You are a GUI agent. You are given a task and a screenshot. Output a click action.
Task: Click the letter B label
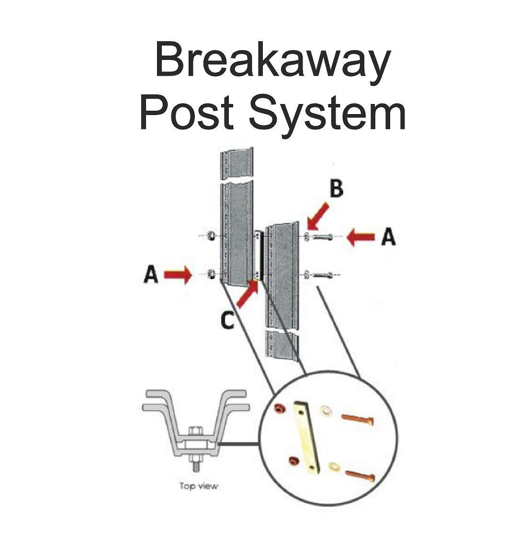coord(337,189)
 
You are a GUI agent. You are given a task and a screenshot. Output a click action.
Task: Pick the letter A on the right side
coord(388,237)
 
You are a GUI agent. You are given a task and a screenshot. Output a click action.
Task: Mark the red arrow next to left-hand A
coord(178,275)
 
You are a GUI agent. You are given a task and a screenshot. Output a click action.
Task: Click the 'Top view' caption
coord(199,486)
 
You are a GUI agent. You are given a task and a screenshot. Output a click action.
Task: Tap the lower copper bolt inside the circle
coord(360,475)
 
